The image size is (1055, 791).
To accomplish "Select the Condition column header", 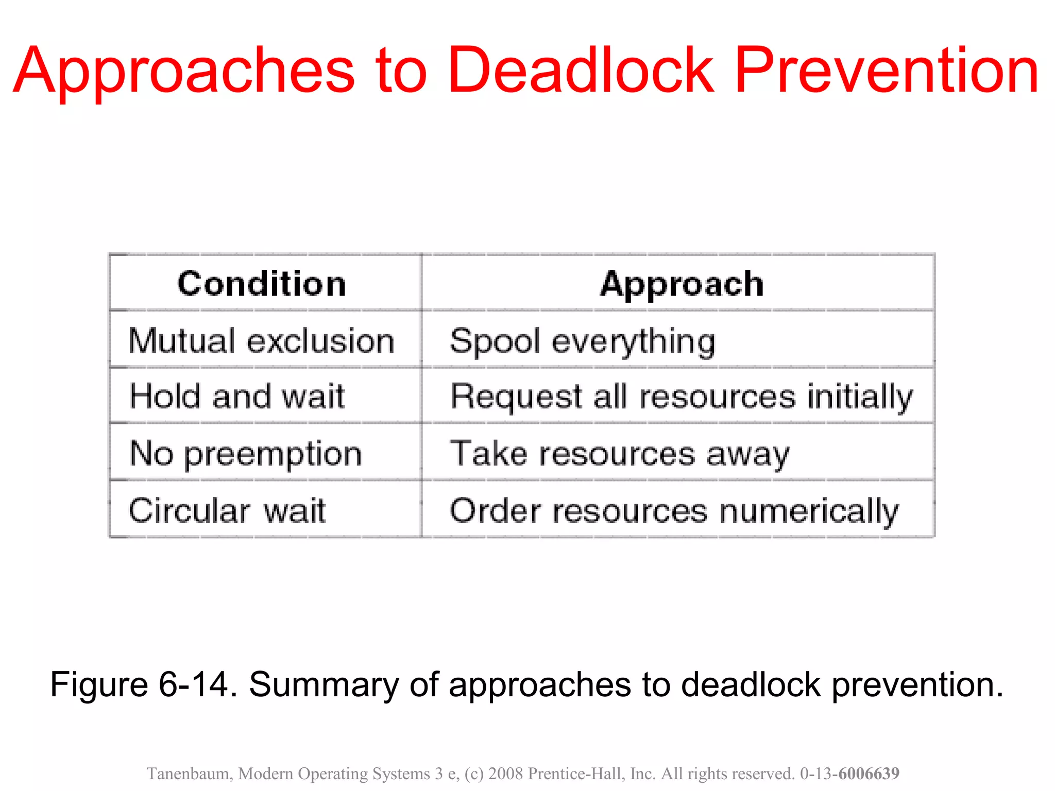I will [x=262, y=284].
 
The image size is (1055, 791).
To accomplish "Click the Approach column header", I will [x=682, y=284].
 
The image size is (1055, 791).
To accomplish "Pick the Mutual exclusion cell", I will [x=262, y=341].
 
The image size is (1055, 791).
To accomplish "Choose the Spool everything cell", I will [x=583, y=341].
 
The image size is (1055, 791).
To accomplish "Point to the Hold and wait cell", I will [x=237, y=397].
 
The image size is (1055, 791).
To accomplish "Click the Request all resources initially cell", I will [x=682, y=397].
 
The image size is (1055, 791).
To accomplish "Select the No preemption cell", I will [x=246, y=454].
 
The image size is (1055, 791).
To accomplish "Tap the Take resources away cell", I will [x=620, y=454].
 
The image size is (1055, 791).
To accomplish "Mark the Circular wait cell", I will [x=227, y=510].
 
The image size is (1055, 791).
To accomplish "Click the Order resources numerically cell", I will [x=674, y=510].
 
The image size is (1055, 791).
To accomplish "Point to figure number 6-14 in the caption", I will [x=193, y=685].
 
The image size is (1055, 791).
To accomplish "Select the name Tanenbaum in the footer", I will [x=189, y=773].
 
